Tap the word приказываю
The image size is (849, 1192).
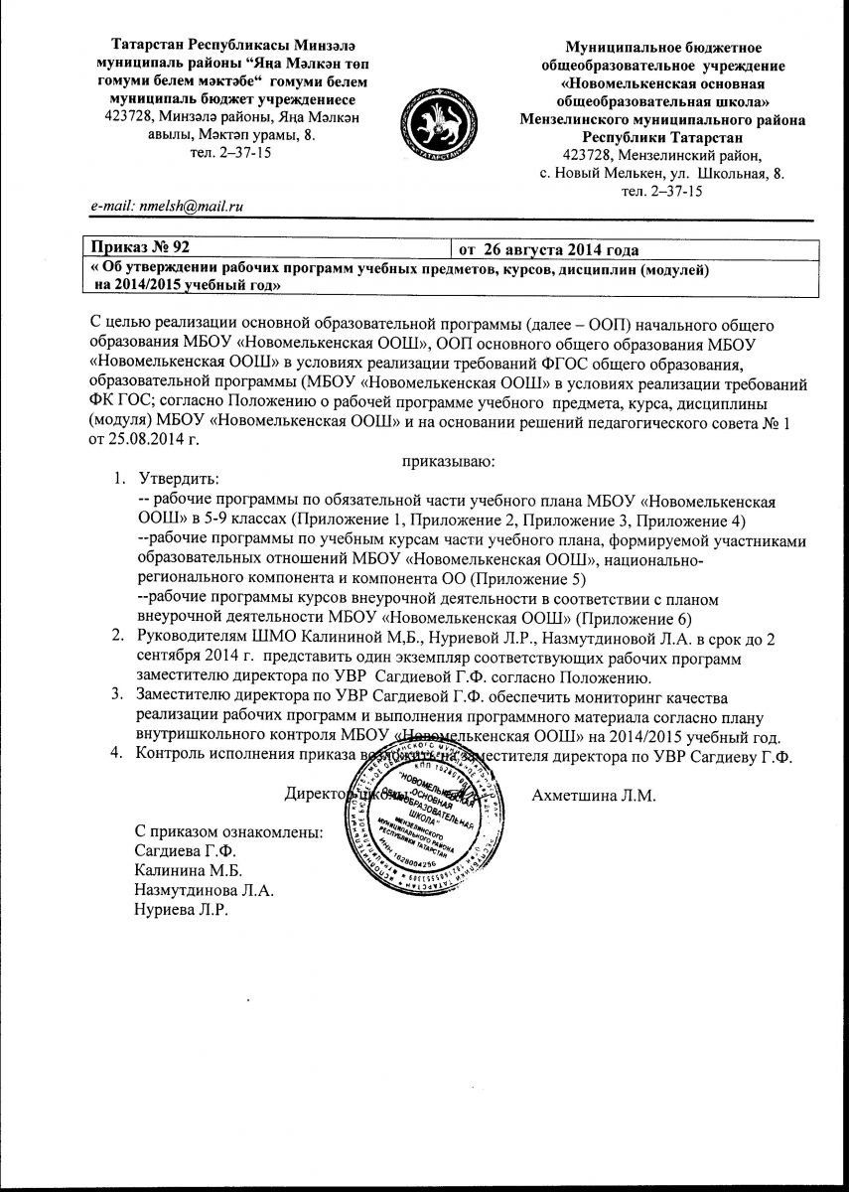(448, 461)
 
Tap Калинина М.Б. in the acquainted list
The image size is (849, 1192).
(186, 869)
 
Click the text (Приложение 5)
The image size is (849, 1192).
(503, 578)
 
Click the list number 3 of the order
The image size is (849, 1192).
(116, 693)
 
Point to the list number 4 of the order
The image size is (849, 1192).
(116, 755)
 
